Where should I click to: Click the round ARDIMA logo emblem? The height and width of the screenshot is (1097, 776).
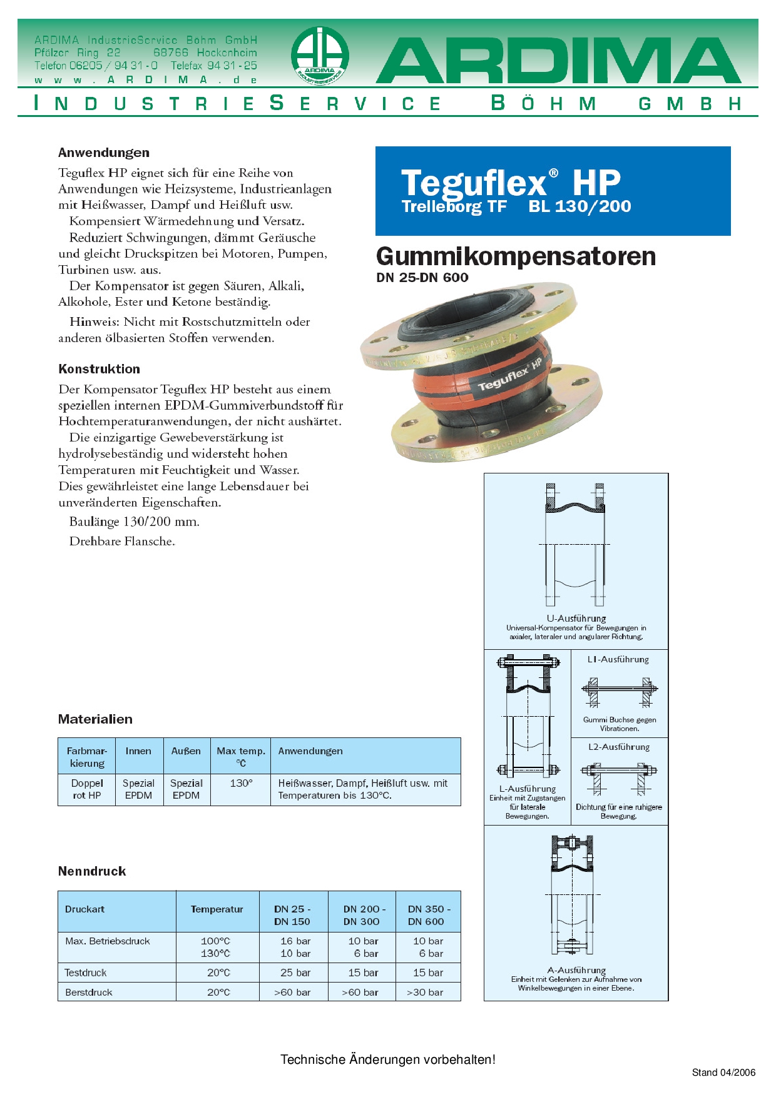(x=320, y=56)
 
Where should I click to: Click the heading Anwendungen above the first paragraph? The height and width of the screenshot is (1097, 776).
(x=104, y=153)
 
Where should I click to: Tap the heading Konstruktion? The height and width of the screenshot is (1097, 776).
(x=99, y=369)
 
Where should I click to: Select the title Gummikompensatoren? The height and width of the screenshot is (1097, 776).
(x=516, y=256)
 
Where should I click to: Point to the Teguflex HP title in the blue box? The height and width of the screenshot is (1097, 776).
(x=511, y=183)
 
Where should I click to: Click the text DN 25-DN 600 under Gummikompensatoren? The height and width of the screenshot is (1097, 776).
(x=422, y=278)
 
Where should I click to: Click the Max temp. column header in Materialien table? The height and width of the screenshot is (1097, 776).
(x=241, y=756)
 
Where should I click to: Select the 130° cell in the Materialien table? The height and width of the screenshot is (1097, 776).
(x=241, y=783)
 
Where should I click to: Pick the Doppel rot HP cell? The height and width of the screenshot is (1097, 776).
(x=87, y=789)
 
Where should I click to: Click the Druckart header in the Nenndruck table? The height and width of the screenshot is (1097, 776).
(x=85, y=909)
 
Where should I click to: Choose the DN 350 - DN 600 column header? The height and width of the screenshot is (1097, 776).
(x=428, y=915)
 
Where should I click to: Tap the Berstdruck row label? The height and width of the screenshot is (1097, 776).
(x=89, y=993)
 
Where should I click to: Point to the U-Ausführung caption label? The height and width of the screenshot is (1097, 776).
(x=576, y=619)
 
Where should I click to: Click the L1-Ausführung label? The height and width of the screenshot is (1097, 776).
(x=618, y=660)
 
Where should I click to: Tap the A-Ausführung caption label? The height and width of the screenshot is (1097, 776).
(x=576, y=971)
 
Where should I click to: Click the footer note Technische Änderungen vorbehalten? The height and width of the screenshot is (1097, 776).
(x=388, y=1059)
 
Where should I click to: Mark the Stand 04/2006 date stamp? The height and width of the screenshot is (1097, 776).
(x=723, y=1073)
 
